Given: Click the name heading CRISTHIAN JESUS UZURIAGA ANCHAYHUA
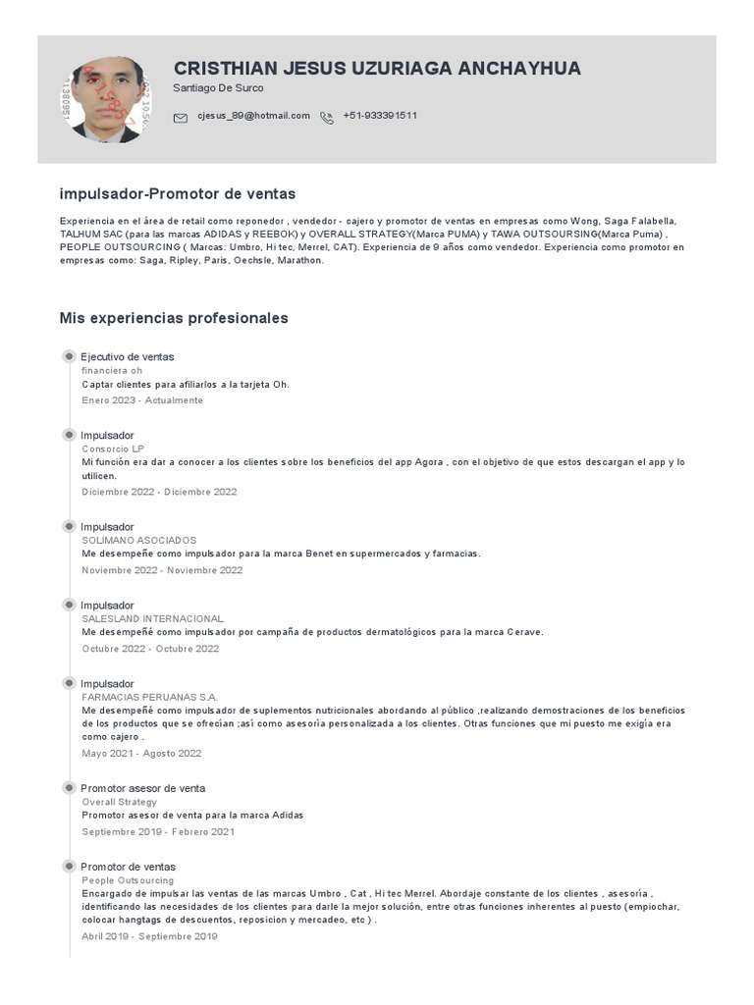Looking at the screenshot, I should [x=377, y=68].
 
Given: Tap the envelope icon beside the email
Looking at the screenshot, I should [x=180, y=118].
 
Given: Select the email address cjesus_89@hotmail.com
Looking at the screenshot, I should [x=253, y=116].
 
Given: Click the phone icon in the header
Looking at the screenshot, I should [x=327, y=118].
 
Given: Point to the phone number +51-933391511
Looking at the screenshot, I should [x=380, y=116].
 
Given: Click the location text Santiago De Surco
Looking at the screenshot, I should [x=218, y=88].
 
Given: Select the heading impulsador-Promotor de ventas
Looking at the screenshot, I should [x=177, y=194].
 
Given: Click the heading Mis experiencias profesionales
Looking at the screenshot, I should [x=174, y=318].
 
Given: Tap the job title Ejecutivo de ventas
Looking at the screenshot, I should [x=127, y=356].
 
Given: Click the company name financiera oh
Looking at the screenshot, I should [x=112, y=371].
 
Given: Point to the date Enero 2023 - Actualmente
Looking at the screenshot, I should [x=142, y=400].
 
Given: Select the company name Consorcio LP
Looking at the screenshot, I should [x=113, y=449].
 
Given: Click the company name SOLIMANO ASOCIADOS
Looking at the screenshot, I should [x=139, y=541].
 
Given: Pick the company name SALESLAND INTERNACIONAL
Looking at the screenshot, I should [x=152, y=619].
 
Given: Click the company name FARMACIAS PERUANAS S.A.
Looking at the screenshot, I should [x=149, y=697].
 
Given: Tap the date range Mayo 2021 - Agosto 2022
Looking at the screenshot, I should [x=141, y=754].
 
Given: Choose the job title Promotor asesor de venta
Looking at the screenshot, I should [x=142, y=788].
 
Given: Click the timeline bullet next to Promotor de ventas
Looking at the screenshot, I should [x=69, y=866].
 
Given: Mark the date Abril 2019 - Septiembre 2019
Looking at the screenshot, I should [x=149, y=937].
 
